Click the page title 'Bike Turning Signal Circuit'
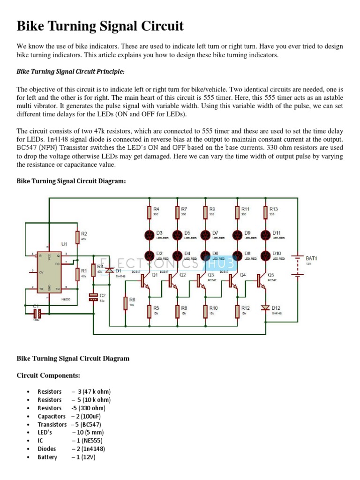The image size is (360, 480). pyautogui.click(x=100, y=26)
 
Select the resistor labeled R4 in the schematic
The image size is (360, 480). pyautogui.click(x=149, y=212)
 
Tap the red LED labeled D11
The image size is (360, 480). pyautogui.click(x=266, y=235)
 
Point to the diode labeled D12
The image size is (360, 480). pyautogui.click(x=266, y=307)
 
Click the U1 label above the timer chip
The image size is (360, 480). pyautogui.click(x=64, y=244)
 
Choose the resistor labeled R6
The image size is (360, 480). pyautogui.click(x=125, y=303)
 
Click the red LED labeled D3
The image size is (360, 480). pyautogui.click(x=149, y=235)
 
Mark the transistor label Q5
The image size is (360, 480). pyautogui.click(x=271, y=275)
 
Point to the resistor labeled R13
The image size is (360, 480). pyautogui.click(x=266, y=212)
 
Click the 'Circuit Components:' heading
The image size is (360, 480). pyautogui.click(x=48, y=375)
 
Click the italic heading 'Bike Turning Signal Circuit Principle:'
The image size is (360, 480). pyautogui.click(x=71, y=72)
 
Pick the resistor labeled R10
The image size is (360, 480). pyautogui.click(x=205, y=310)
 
